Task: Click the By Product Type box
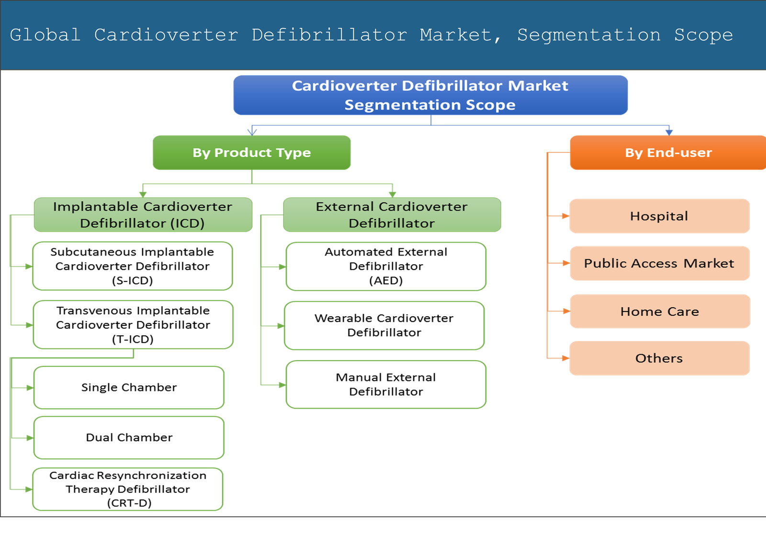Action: [252, 153]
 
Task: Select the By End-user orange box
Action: [668, 153]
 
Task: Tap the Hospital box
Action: [659, 216]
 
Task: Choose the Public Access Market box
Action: [659, 264]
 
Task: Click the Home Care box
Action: [659, 311]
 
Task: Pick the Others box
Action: [659, 358]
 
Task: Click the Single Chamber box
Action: [129, 388]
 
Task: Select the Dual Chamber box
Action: [129, 438]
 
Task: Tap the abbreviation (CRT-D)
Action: [129, 503]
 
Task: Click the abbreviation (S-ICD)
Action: [132, 281]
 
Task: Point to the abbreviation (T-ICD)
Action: [133, 340]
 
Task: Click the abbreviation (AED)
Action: [386, 281]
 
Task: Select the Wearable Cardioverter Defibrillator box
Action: [384, 325]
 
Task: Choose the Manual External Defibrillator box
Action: [386, 385]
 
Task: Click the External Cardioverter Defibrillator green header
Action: [392, 215]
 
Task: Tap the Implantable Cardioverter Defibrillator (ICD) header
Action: [143, 215]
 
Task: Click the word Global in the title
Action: [45, 35]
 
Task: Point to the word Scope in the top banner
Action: [703, 35]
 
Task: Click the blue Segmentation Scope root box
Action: [430, 95]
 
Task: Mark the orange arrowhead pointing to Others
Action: [565, 358]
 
